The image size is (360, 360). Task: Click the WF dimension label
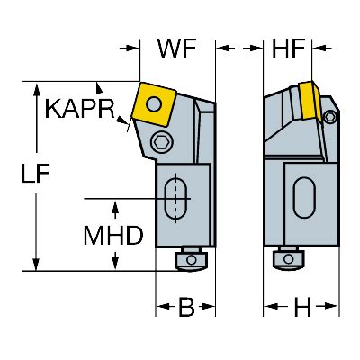tap(177, 49)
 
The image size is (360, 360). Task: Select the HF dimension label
tap(288, 49)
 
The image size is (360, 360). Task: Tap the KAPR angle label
tap(80, 109)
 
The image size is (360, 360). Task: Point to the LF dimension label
tap(35, 173)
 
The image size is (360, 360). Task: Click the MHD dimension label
tap(113, 236)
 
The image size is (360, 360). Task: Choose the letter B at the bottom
tap(186, 307)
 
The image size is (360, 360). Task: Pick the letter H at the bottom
tap(302, 307)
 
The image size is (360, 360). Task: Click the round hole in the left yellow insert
tap(154, 103)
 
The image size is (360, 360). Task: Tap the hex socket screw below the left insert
tap(161, 141)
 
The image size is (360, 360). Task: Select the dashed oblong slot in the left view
tap(175, 198)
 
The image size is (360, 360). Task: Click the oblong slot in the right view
tap(304, 198)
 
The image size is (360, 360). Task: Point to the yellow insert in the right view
tap(310, 101)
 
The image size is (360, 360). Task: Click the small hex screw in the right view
tap(330, 116)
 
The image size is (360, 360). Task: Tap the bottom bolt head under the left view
tap(191, 260)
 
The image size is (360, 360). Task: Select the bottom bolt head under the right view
tap(288, 258)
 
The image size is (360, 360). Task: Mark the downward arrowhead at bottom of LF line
tap(36, 263)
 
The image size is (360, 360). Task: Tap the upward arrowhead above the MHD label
tap(115, 209)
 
